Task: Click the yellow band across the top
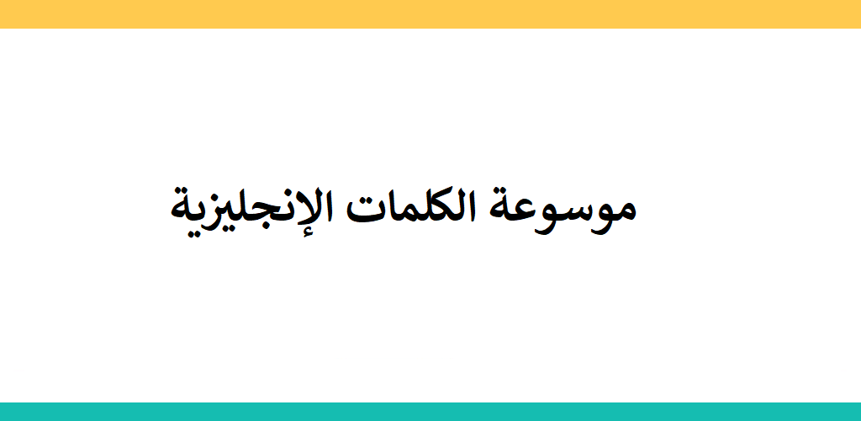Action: coord(430,13)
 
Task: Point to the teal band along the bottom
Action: coord(430,412)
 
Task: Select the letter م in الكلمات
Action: coord(398,215)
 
